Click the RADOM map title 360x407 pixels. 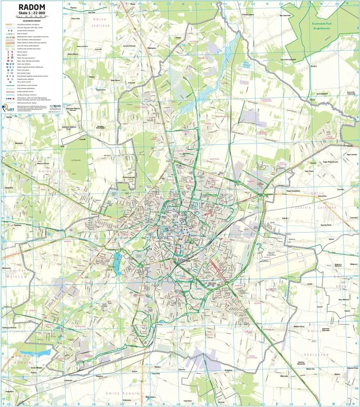click(31, 8)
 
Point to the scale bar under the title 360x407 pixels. click(31, 17)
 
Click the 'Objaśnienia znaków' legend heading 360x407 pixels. click(31, 20)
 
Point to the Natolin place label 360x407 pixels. click(284, 218)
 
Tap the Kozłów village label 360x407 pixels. click(314, 64)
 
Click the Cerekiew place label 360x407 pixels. click(18, 225)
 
